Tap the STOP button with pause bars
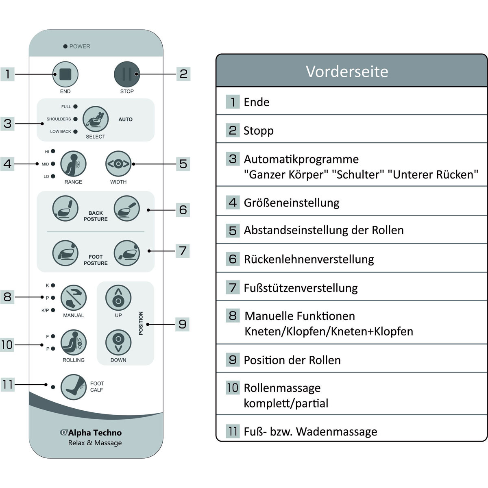click(x=127, y=75)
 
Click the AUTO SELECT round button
click(x=96, y=119)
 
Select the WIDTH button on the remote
click(x=118, y=164)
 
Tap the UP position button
click(x=118, y=298)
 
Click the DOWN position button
click(x=118, y=342)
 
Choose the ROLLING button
click(x=74, y=342)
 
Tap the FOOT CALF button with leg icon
click(x=74, y=387)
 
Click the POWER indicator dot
click(x=65, y=47)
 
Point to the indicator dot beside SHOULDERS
click(x=75, y=119)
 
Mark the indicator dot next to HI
click(x=53, y=152)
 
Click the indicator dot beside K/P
click(x=53, y=310)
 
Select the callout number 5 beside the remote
click(x=183, y=164)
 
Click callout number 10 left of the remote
click(x=7, y=345)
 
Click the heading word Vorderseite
click(x=347, y=72)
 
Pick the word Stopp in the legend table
click(x=259, y=131)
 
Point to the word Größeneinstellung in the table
click(x=292, y=203)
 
